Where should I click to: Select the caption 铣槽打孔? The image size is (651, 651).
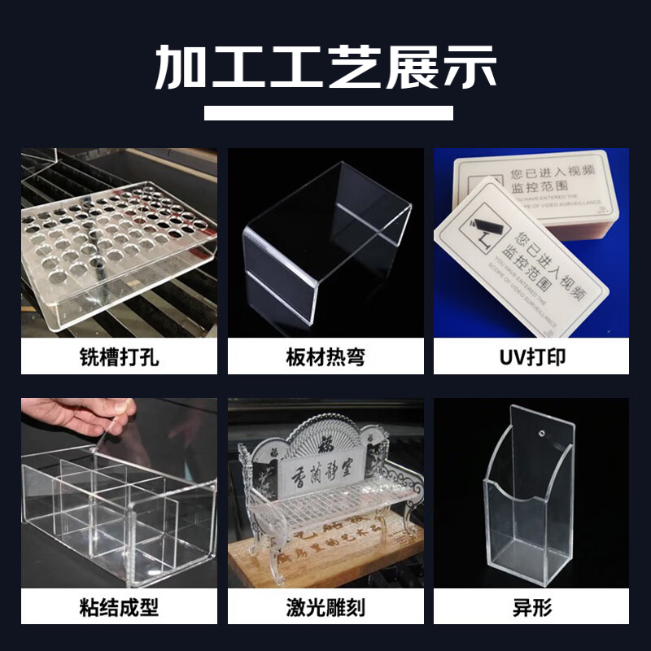[x=120, y=357]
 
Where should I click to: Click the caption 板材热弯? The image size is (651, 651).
[x=325, y=357]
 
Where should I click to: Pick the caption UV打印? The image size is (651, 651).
[x=531, y=357]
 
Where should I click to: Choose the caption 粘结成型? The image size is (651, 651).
[x=120, y=607]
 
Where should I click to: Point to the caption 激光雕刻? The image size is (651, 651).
[x=325, y=607]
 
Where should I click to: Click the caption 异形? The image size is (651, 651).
[x=531, y=607]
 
